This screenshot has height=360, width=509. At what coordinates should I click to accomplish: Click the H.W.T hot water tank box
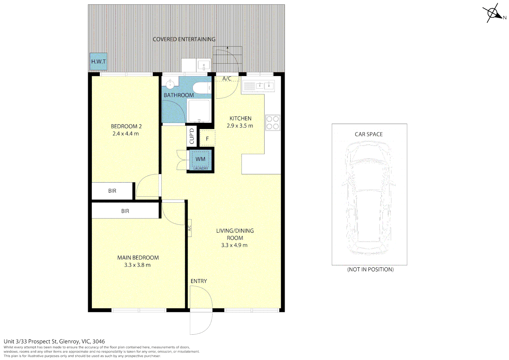99,62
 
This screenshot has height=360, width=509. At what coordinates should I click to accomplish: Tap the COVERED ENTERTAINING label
184,39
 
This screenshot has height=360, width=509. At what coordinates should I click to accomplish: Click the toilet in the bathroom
201,88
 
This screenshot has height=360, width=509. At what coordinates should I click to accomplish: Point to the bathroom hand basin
170,83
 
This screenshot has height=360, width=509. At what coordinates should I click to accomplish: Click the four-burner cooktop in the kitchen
272,122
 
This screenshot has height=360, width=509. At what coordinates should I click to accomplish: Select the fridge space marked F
207,139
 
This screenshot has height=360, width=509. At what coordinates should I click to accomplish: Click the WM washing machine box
201,159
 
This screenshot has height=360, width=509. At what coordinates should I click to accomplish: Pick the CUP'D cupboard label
192,136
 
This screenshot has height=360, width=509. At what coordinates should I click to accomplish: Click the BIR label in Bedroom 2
112,191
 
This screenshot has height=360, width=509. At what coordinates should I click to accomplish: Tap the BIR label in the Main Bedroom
125,211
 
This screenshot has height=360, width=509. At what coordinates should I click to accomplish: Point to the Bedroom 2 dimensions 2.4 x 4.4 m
126,134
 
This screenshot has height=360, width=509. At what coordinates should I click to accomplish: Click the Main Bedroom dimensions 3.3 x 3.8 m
137,265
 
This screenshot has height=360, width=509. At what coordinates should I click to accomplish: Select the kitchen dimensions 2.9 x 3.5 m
240,126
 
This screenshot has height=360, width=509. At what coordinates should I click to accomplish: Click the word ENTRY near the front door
199,281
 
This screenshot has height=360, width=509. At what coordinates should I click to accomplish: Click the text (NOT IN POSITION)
370,269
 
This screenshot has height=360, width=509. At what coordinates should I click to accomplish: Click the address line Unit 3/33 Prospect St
54,341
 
